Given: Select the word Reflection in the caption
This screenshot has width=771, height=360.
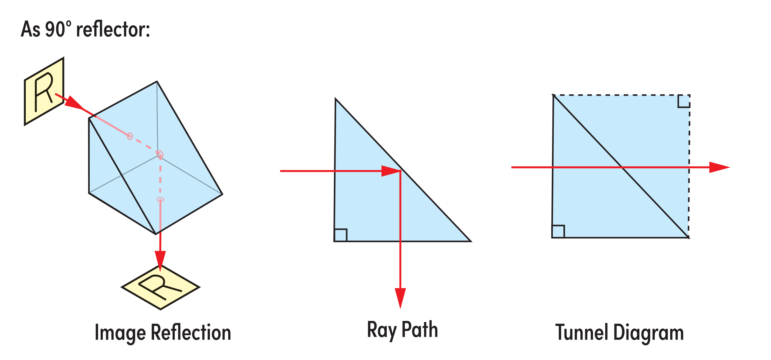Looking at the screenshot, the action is pos(191,332).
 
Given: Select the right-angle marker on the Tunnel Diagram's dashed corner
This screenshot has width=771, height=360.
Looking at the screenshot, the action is pos(684,101).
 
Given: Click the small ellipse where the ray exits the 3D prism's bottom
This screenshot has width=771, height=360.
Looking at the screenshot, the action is pos(160,199).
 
